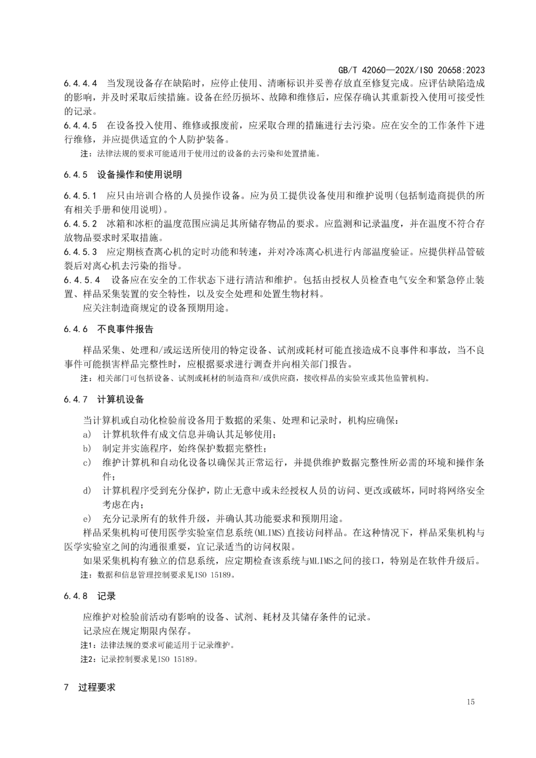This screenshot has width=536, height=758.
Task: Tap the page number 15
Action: [470, 701]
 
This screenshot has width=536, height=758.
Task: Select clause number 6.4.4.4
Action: [80, 83]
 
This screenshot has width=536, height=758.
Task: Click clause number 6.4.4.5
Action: [80, 125]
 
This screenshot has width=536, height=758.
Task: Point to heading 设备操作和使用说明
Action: [139, 174]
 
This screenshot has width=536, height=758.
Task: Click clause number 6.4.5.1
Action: [80, 195]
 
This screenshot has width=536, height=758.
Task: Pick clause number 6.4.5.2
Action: [80, 223]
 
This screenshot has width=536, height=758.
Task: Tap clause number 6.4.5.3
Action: [80, 252]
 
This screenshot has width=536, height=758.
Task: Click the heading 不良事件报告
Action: [126, 329]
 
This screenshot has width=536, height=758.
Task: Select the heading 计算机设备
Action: [121, 399]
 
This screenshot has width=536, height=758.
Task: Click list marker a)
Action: [87, 434]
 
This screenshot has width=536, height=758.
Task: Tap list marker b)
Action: [87, 448]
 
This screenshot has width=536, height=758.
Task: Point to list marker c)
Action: [87, 462]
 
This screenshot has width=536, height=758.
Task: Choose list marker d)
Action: [87, 490]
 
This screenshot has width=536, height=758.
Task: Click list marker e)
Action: [87, 519]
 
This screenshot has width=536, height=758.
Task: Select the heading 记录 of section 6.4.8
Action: [106, 596]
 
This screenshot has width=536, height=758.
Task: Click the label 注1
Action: [87, 645]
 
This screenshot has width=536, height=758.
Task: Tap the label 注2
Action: [87, 659]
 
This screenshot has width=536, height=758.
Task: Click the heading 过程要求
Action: [97, 688]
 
